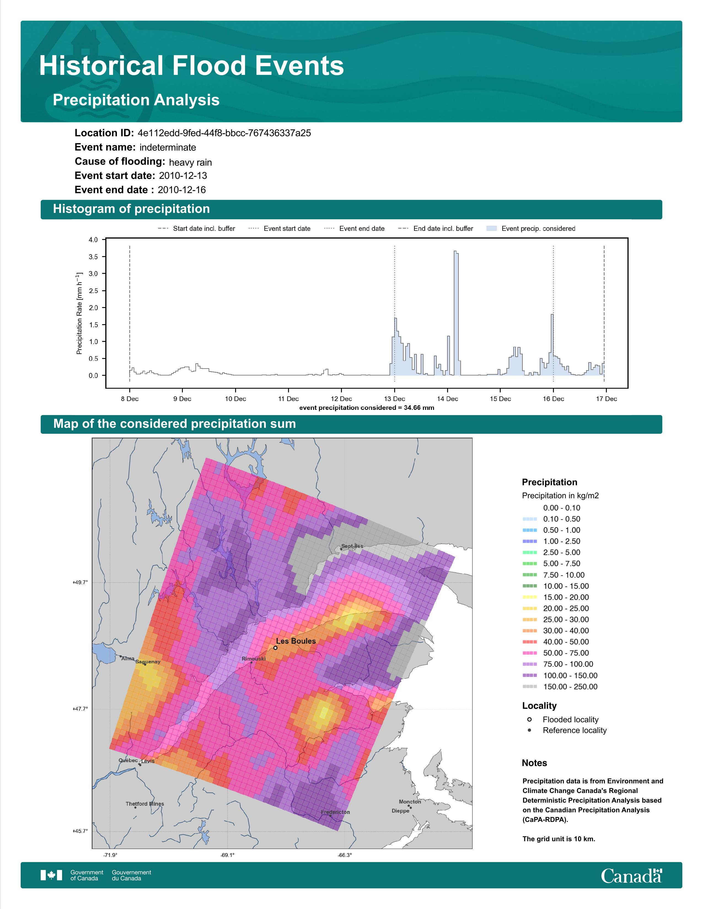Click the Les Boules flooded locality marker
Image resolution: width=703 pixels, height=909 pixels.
pyautogui.click(x=275, y=648)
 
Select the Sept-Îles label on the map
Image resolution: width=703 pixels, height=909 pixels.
pyautogui.click(x=352, y=546)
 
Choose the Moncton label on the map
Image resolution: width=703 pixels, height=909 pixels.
pyautogui.click(x=410, y=802)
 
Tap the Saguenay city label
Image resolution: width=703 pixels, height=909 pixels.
pyautogui.click(x=148, y=662)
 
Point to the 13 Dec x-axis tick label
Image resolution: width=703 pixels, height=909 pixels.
pyautogui.click(x=395, y=399)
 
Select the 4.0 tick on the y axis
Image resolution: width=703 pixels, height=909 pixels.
pyautogui.click(x=93, y=240)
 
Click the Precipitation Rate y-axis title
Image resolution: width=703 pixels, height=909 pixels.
pyautogui.click(x=79, y=313)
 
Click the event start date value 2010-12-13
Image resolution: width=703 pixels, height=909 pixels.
pyautogui.click(x=183, y=176)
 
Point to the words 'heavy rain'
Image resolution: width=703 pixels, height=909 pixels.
pyautogui.click(x=190, y=162)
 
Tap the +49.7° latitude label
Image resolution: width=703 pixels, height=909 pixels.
pyautogui.click(x=80, y=582)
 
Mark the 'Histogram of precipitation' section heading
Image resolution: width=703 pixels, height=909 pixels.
pyautogui.click(x=131, y=209)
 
